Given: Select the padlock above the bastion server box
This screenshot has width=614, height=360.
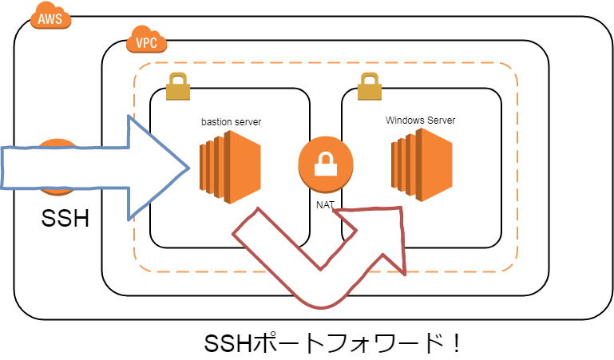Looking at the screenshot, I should tap(177, 86).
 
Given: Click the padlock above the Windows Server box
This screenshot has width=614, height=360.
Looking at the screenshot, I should tap(369, 86).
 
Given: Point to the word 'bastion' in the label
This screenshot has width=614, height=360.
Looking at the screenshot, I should tap(215, 122).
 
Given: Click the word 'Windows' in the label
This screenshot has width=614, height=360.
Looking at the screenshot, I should tap(404, 121).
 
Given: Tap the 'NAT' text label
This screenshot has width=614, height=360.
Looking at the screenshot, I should tap(325, 204).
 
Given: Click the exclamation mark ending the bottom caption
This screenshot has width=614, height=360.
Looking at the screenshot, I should tap(455, 344).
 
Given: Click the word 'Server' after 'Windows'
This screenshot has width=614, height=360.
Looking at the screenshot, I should tap(440, 121).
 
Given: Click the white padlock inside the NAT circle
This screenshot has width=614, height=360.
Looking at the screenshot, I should tap(325, 164).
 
